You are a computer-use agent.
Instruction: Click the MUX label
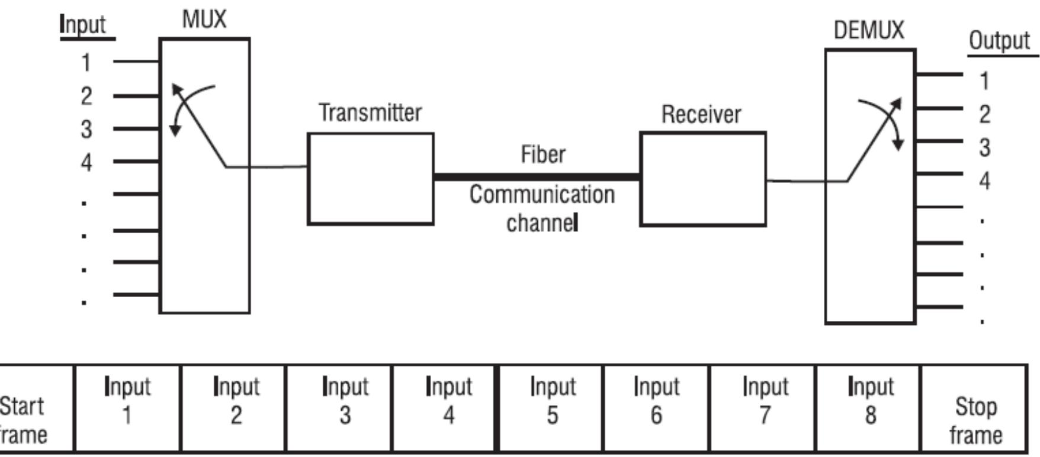[x=204, y=20]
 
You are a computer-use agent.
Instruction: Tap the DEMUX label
[x=868, y=30]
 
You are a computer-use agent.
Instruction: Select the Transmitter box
[x=370, y=179]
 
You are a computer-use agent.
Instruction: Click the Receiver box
[x=702, y=179]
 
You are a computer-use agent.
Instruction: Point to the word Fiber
[x=543, y=155]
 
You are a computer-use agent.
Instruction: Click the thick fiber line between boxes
[x=536, y=176]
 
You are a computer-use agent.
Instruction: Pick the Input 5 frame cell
[x=551, y=408]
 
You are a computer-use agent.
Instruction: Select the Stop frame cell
[x=974, y=408]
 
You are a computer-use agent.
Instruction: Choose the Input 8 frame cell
[x=869, y=408]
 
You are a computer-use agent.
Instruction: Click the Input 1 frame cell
[x=127, y=408]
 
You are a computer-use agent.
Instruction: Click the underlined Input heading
[x=84, y=25]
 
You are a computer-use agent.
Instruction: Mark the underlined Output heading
[x=999, y=41]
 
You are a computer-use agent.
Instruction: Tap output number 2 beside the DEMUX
[x=984, y=114]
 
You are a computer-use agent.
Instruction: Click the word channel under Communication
[x=541, y=223]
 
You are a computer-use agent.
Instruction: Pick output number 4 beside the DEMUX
[x=984, y=181]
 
